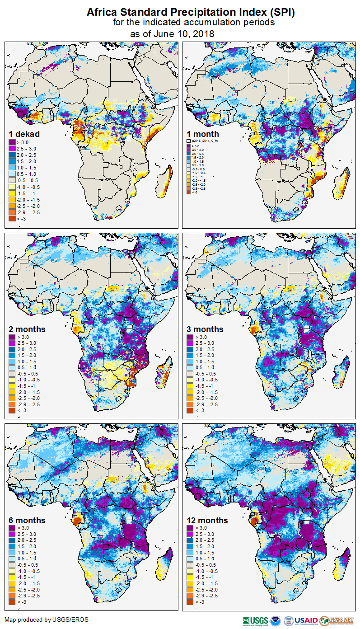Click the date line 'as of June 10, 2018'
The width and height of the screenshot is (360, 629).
click(172, 34)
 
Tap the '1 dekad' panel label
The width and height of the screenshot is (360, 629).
click(24, 134)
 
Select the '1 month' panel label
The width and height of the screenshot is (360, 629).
click(202, 134)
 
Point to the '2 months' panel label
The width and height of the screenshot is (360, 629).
click(27, 329)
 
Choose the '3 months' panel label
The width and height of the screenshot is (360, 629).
click(205, 329)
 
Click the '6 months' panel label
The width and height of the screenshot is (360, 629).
click(27, 520)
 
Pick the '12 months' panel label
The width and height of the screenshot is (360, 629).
click(207, 520)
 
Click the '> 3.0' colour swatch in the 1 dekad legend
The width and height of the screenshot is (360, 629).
click(12, 142)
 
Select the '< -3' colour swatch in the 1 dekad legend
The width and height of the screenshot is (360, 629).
click(12, 218)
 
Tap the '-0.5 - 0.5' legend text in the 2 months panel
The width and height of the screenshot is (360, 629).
click(28, 374)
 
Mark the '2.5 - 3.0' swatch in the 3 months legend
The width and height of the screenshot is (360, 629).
click(190, 343)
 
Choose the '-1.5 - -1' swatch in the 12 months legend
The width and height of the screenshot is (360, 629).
click(190, 577)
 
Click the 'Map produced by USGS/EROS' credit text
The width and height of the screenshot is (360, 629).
click(47, 620)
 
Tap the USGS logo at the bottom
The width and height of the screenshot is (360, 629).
click(255, 620)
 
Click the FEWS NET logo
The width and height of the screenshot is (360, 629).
click(336, 620)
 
